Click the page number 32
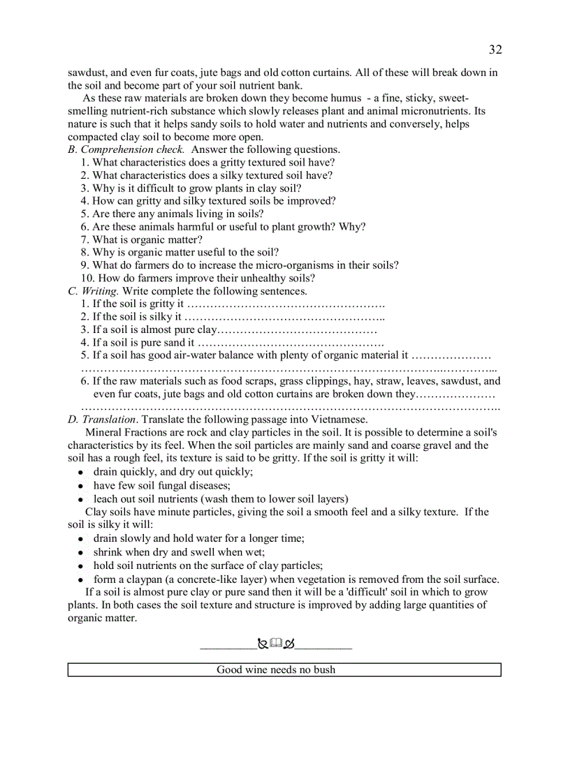[495, 50]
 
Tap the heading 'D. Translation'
[101, 420]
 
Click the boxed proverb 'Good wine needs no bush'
[276, 670]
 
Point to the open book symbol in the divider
[275, 644]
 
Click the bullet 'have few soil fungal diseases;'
[161, 486]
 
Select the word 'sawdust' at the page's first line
[87, 73]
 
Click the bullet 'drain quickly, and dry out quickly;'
[173, 472]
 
